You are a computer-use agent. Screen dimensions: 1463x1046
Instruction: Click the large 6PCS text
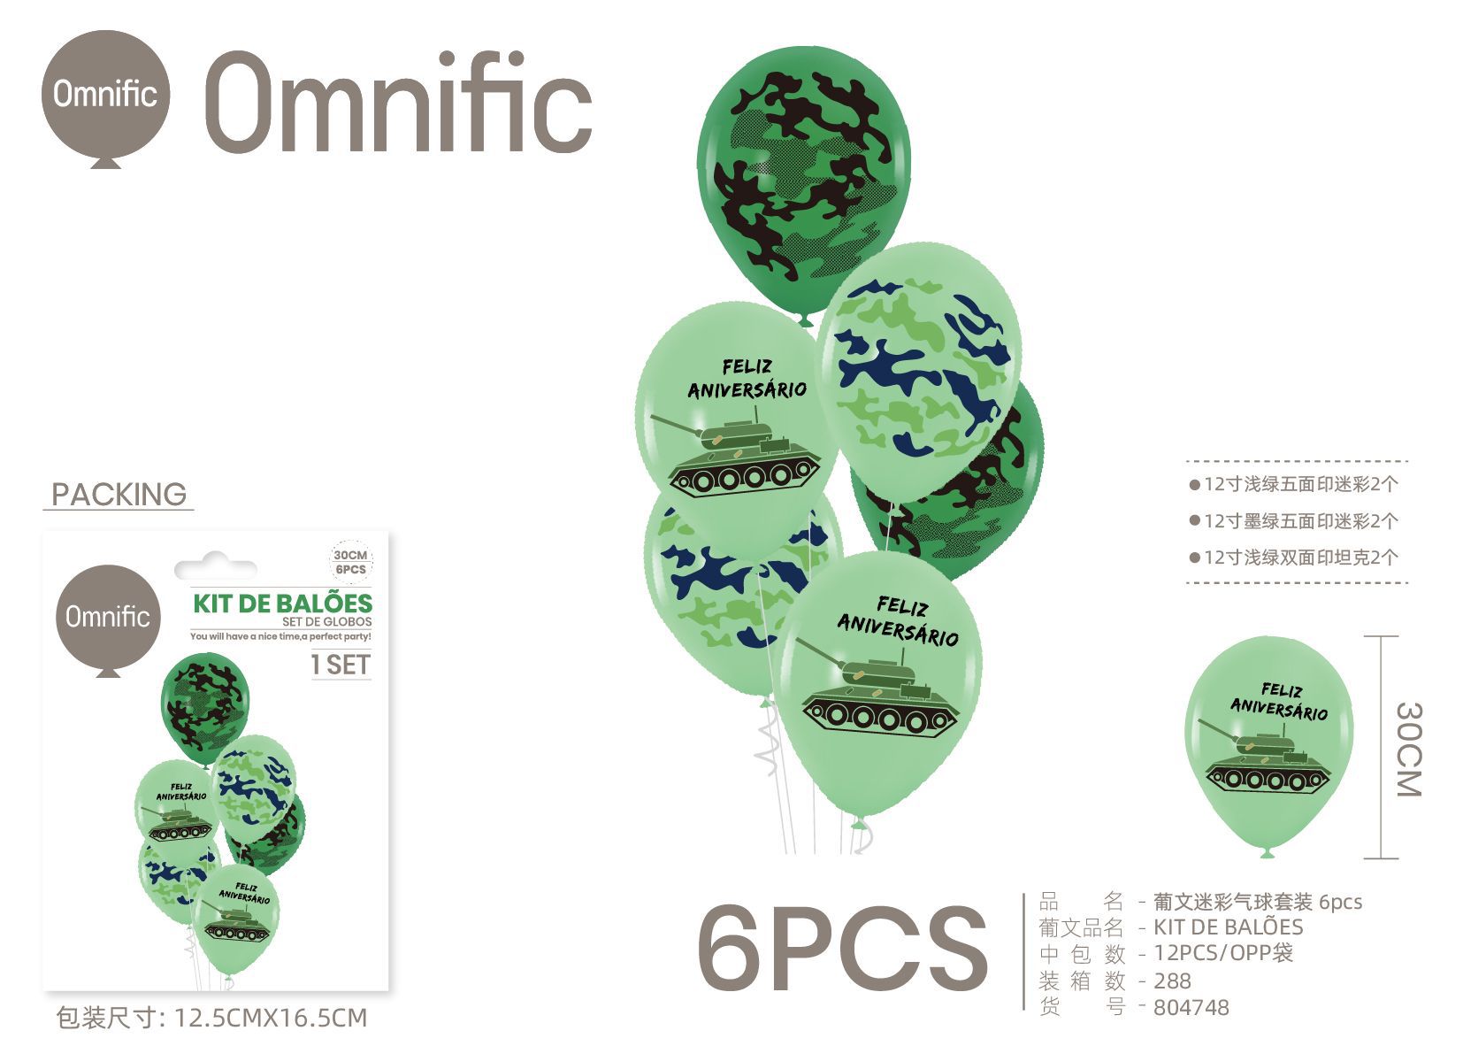coord(842,949)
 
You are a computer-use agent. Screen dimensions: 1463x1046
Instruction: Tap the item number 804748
coord(1191,1007)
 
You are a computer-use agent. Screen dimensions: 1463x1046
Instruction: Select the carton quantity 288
coord(1172,981)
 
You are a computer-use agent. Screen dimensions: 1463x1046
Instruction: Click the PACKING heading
coord(119,495)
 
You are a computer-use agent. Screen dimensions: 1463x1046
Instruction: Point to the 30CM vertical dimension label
coord(1409,749)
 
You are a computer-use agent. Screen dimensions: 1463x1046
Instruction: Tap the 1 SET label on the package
coord(341,665)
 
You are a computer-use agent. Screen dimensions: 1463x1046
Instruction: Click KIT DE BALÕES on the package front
coord(283,604)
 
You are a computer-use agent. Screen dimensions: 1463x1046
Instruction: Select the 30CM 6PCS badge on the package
coord(350,562)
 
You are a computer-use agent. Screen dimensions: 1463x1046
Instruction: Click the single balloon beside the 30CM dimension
coord(1268,746)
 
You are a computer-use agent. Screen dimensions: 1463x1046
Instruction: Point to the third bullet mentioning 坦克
coord(1293,558)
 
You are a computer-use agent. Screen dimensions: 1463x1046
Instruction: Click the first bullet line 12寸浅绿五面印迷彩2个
coord(1293,484)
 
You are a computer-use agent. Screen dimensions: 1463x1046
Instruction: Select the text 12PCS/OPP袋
coord(1222,953)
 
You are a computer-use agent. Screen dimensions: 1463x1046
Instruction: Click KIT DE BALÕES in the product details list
coord(1228,927)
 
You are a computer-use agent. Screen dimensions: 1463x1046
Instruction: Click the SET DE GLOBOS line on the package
coord(326,621)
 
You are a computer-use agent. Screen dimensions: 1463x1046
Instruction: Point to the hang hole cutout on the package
coord(216,565)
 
